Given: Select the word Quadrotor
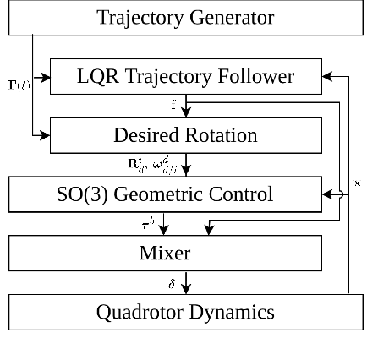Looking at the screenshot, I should point(137,312).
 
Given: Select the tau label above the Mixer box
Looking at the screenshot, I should point(146,224).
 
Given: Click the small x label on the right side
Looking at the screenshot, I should point(358,183).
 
